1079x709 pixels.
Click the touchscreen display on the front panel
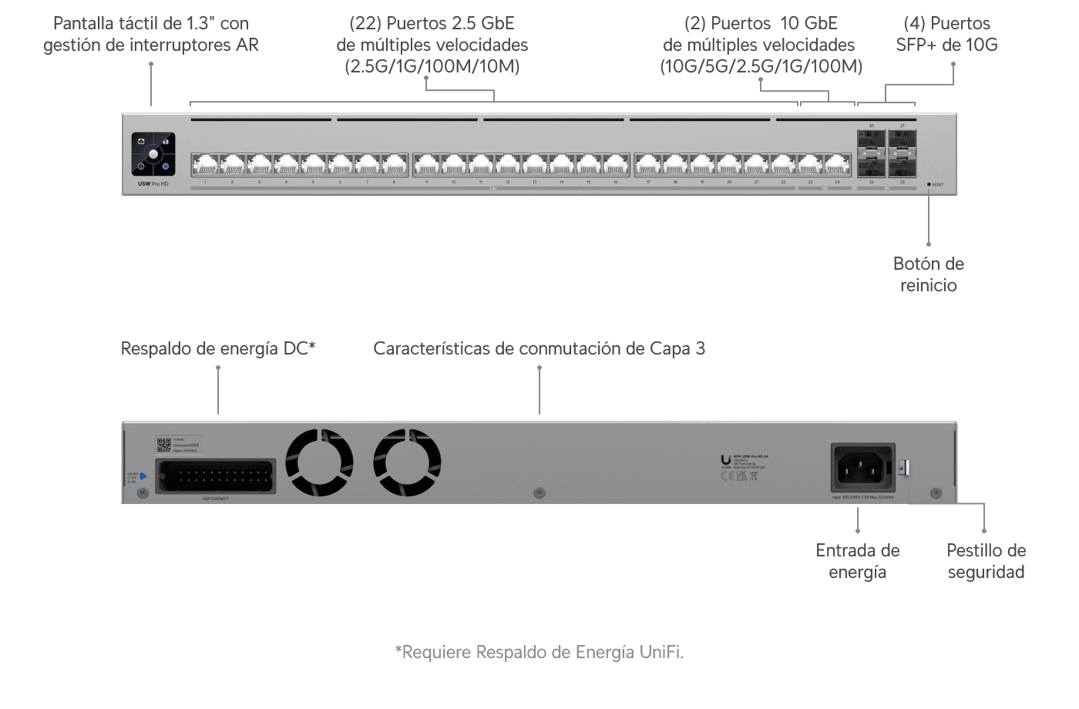tap(153, 154)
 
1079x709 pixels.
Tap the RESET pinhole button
tap(929, 185)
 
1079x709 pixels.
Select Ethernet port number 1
tap(205, 165)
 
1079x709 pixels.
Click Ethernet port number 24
tap(837, 165)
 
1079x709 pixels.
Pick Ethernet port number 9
tap(426, 165)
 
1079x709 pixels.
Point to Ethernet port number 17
tap(648, 165)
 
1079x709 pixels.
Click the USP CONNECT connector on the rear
tap(216, 476)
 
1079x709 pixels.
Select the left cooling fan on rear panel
tap(319, 462)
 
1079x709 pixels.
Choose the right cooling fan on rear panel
tap(407, 462)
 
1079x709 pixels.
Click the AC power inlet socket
tap(862, 467)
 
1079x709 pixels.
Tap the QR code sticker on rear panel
tap(163, 445)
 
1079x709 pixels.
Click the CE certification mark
tap(727, 475)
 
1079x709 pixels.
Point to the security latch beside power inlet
tap(905, 467)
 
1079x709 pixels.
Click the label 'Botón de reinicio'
tap(928, 274)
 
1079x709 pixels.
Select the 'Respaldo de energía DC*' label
tap(218, 348)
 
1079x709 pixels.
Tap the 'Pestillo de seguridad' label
tap(986, 561)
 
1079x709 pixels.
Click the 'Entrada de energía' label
tap(857, 561)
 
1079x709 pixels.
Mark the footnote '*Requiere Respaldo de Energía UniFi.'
tap(539, 652)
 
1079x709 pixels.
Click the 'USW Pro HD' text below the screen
tap(153, 184)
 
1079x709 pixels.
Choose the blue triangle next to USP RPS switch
tap(143, 476)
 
